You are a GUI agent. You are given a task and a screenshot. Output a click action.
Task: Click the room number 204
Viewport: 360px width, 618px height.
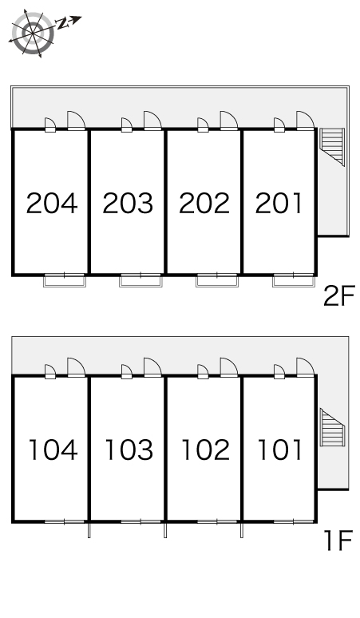(52, 203)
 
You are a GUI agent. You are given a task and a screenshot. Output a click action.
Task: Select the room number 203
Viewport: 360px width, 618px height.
(128, 203)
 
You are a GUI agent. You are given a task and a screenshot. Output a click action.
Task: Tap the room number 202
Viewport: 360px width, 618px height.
(204, 203)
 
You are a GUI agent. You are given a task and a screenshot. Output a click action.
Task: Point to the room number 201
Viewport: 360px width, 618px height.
(279, 203)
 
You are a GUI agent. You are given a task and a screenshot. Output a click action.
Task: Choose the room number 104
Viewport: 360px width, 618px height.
(53, 450)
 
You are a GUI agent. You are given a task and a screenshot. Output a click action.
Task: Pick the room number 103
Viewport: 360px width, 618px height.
(129, 450)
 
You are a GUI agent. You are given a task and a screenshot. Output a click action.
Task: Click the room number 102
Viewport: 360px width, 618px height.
(206, 450)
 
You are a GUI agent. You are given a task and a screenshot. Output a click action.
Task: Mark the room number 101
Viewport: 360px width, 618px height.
(279, 450)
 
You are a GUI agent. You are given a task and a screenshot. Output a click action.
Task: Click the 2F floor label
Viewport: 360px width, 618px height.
(339, 295)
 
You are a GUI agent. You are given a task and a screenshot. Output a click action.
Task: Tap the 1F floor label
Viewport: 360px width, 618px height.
(338, 541)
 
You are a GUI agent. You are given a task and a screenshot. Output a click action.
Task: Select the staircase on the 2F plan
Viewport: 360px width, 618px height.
(332, 147)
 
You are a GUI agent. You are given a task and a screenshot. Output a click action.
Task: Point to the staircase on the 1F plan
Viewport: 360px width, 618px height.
(332, 428)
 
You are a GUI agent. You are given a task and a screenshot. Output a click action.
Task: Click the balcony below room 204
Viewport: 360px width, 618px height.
(65, 281)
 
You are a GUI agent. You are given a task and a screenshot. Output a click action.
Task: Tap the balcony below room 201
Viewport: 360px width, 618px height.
(294, 281)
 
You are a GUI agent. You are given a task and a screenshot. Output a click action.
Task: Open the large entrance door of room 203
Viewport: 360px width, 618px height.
(152, 121)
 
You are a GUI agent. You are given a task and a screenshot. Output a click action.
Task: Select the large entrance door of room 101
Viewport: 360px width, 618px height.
(305, 367)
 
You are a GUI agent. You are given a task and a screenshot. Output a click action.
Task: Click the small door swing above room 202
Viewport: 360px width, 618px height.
(203, 125)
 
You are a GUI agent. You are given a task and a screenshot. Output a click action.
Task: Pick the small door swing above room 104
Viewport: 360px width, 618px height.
(50, 371)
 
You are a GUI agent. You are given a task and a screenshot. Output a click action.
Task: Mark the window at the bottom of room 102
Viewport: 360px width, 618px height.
(217, 522)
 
